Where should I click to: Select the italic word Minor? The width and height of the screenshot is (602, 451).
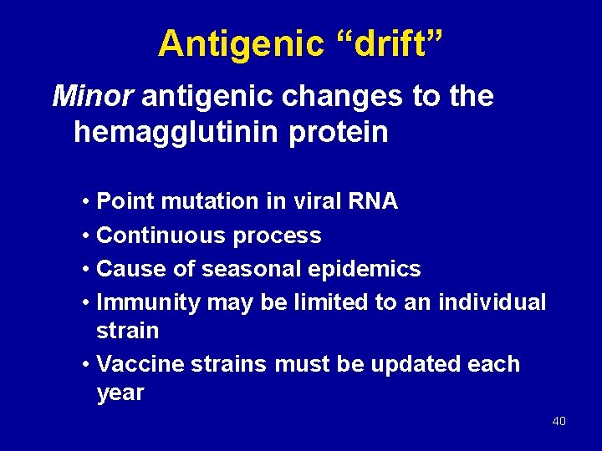[x=92, y=97]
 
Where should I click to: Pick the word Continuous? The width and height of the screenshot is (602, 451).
[x=161, y=236]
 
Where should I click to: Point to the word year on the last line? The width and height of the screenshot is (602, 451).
[x=120, y=393]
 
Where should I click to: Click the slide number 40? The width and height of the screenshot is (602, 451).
[x=559, y=421]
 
